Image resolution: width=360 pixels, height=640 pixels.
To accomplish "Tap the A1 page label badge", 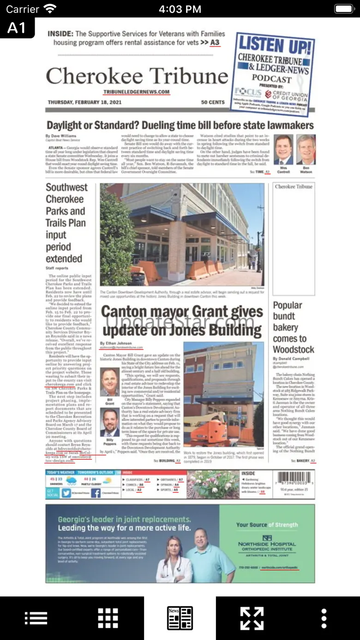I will pos(17,28).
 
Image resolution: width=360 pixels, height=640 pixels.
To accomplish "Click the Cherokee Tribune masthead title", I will pos(137,76).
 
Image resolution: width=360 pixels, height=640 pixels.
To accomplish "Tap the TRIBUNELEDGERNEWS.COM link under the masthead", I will pos(136,92).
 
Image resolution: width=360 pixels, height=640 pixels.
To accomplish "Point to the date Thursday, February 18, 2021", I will pos(84,102).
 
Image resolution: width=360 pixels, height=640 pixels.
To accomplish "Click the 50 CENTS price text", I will pos(213,102).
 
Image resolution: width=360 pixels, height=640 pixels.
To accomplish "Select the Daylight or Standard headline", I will pos(180,125).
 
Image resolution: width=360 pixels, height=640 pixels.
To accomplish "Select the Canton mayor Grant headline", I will pos(182,321).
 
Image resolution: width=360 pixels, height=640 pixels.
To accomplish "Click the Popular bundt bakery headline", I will pos(294,327).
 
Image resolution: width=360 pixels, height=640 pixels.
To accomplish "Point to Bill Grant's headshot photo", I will pos(109,382).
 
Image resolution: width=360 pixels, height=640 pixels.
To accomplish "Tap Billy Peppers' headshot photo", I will pos(109,423).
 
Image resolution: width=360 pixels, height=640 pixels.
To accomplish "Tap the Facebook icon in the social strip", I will pos(96,493).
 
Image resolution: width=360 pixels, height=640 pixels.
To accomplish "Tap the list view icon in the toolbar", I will pos(36,618).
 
